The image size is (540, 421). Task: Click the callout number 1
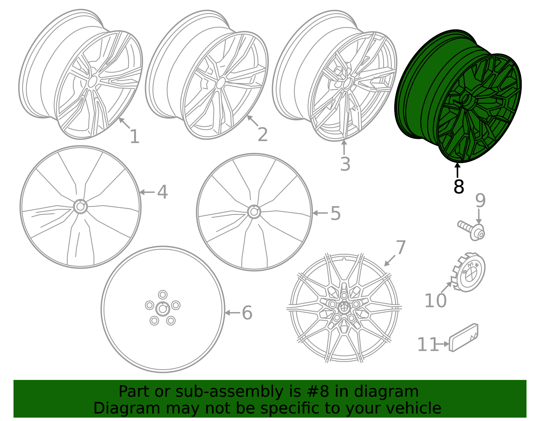[135, 137]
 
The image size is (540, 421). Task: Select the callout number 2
[263, 135]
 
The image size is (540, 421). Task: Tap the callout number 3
[345, 164]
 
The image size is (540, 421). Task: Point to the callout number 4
[163, 192]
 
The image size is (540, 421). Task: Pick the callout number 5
[335, 213]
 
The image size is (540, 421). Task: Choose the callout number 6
[247, 313]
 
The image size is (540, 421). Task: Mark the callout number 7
[401, 247]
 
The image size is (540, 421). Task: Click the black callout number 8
[459, 186]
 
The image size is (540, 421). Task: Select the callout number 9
[480, 201]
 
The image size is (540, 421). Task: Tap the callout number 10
[435, 301]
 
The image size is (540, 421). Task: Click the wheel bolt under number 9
[471, 231]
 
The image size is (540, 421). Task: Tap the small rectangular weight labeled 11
[463, 338]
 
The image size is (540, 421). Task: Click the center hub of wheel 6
[163, 309]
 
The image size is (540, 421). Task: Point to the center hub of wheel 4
[80, 206]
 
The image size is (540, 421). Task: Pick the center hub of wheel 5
[254, 212]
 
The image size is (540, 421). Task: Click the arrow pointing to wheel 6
[232, 313]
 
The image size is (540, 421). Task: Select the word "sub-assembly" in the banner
[229, 392]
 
